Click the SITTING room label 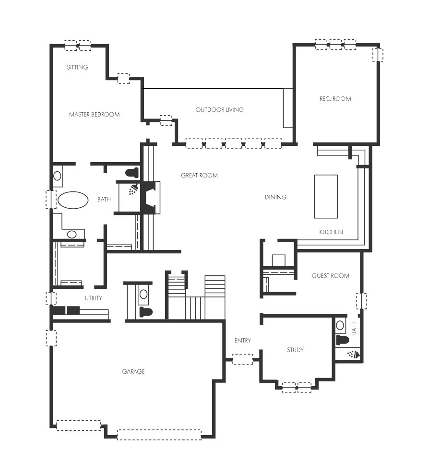tap(77, 67)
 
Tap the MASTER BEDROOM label tap(94, 114)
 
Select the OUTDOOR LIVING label tap(219, 110)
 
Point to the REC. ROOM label tap(335, 99)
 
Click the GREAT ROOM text tap(199, 175)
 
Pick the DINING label tap(275, 197)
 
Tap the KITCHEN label tap(331, 232)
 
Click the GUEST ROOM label tap(330, 276)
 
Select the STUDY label tap(295, 350)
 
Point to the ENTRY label tap(242, 341)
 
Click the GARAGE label tap(133, 372)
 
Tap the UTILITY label tap(93, 298)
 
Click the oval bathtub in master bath tap(73, 200)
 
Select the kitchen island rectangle tap(326, 196)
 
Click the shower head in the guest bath tap(353, 354)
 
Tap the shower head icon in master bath tap(134, 189)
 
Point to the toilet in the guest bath tap(343, 340)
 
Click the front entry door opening tap(242, 359)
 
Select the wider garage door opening tap(159, 435)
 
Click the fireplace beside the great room tap(149, 198)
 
